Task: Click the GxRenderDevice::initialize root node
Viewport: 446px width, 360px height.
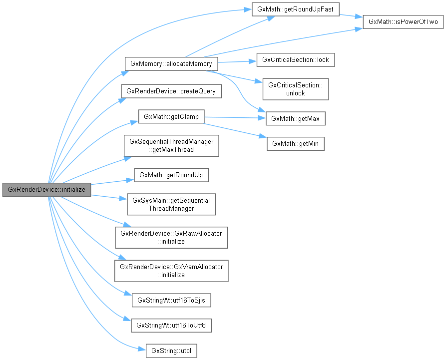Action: [46, 190]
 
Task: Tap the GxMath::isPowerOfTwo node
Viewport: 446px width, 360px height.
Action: [403, 22]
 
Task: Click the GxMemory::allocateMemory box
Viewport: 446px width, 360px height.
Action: [171, 64]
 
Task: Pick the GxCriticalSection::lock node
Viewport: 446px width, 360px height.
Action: [295, 60]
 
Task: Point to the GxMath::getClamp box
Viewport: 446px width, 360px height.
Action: [171, 117]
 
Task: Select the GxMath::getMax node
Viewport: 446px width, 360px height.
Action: [296, 118]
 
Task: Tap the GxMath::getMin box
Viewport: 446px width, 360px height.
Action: [296, 144]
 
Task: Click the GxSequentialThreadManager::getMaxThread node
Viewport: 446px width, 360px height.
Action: [171, 146]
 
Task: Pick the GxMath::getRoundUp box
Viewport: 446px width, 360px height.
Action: [171, 175]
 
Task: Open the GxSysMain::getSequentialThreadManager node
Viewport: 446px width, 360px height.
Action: [171, 204]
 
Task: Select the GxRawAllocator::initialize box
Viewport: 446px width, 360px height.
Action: [171, 238]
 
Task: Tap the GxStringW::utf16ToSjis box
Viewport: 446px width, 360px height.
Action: [171, 301]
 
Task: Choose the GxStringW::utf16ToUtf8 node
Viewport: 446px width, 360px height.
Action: [171, 326]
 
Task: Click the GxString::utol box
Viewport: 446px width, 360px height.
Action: [171, 351]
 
